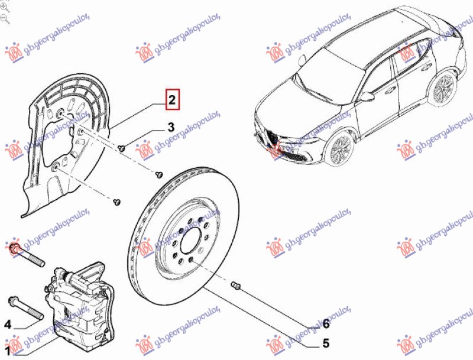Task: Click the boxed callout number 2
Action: [171, 100]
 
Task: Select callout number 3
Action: [170, 127]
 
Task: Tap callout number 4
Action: [8, 324]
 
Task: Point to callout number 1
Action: [8, 352]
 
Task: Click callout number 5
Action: [325, 342]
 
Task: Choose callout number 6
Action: [325, 323]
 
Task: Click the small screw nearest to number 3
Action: [121, 148]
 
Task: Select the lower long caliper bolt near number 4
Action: [24, 307]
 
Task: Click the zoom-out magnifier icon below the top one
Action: [5, 18]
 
